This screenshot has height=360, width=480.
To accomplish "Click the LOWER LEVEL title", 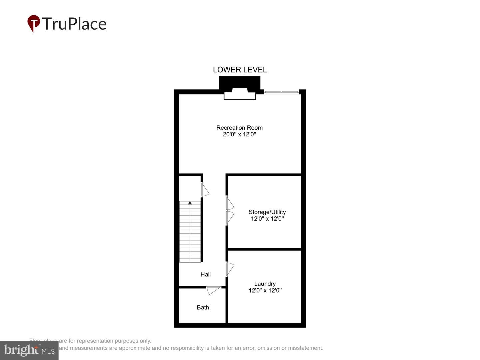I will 240,70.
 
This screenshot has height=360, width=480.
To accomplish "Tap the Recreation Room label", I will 239,128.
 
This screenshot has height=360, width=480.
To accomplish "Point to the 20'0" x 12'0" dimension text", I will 239,134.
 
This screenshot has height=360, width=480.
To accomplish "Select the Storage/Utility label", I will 267,212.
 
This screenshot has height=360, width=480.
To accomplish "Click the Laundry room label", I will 265,284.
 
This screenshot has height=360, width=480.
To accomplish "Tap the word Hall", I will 205,274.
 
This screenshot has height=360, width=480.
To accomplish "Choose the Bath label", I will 203,307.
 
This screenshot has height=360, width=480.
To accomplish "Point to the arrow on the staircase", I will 190,203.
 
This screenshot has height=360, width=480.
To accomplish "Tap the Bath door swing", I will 213,290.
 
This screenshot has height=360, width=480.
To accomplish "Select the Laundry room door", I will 230,269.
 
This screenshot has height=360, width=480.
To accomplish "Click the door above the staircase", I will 205,189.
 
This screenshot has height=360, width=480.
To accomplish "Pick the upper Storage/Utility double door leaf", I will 230,204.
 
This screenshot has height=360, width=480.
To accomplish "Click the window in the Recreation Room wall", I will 282,92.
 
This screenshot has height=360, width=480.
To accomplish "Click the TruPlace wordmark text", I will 74,24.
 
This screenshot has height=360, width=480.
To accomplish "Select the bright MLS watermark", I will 29,350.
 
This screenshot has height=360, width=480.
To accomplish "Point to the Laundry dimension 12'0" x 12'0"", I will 265,290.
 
